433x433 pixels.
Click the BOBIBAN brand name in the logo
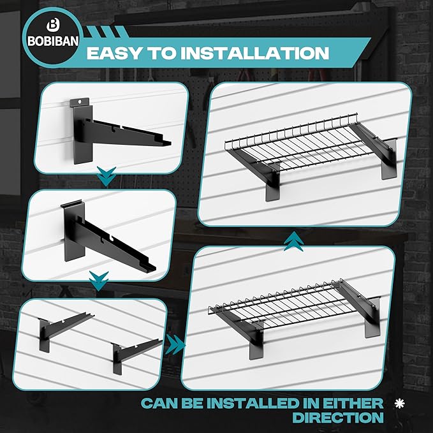(x=53, y=41)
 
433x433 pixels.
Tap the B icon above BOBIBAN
(x=53, y=26)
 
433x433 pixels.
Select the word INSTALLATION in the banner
(x=255, y=53)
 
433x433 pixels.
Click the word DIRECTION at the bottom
(x=338, y=417)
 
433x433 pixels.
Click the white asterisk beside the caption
(x=400, y=404)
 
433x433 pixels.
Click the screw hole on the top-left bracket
(x=80, y=102)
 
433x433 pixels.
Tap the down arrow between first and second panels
(x=106, y=176)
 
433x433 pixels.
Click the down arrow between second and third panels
(x=99, y=281)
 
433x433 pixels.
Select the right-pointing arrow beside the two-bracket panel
(x=175, y=344)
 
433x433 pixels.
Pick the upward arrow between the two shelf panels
(x=294, y=241)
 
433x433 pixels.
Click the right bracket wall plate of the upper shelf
(x=390, y=159)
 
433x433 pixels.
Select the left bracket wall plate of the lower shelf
(x=256, y=343)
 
